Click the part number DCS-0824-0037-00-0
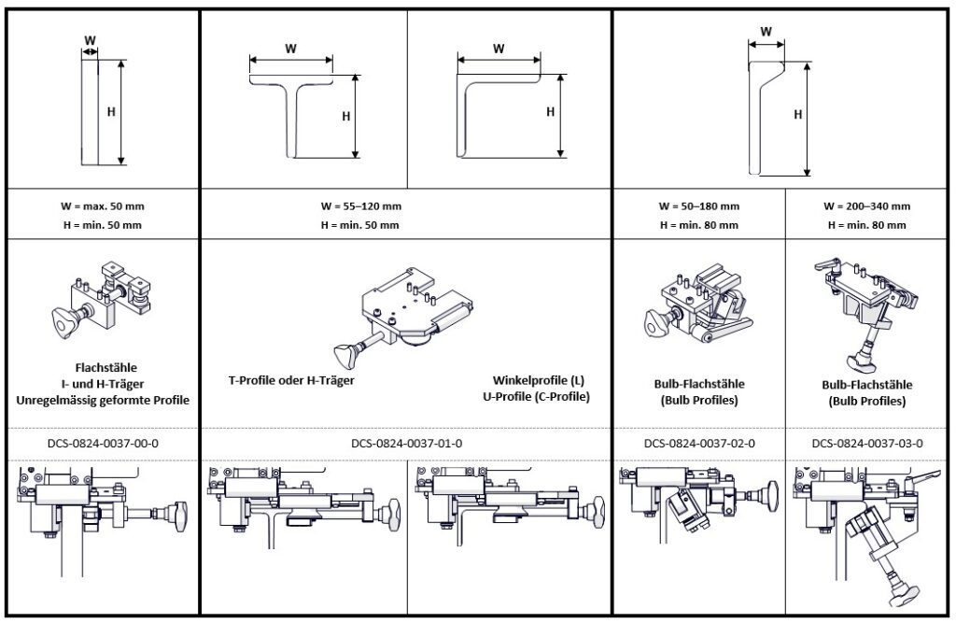pos(103,444)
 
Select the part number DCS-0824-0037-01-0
pos(406,444)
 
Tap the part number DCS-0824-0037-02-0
pos(699,444)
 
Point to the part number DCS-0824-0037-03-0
pos(866,444)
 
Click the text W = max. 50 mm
pos(103,205)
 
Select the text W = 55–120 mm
pos(359,205)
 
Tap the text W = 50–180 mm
pos(699,205)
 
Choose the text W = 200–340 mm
pos(866,205)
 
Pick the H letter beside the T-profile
pos(345,117)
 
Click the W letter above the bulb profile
pos(766,31)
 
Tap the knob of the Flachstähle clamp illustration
pos(61,322)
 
